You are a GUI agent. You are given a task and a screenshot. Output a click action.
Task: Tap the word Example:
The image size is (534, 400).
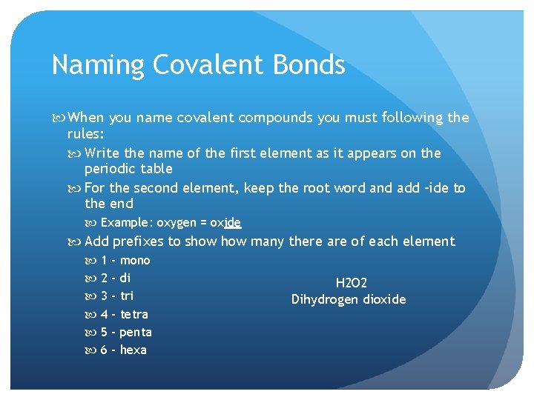coord(127,223)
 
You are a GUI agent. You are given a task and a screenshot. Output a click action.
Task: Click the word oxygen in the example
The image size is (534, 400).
coord(177,223)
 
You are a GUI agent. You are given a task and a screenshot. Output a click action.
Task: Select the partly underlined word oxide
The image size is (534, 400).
coord(225,223)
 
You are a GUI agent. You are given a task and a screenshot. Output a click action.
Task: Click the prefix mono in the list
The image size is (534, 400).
coord(135,260)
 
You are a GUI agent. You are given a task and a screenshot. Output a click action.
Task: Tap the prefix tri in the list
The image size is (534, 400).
coord(127,296)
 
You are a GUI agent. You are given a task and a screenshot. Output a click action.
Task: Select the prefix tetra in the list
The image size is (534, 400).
coord(133,314)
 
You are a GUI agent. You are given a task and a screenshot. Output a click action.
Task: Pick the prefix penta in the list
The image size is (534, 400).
coord(135,332)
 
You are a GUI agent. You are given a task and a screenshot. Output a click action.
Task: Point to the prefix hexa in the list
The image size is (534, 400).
coord(133,350)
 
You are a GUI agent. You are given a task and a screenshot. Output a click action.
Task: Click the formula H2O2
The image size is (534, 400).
coord(352,283)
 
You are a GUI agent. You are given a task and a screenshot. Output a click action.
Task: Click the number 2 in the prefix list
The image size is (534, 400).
coord(104,279)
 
